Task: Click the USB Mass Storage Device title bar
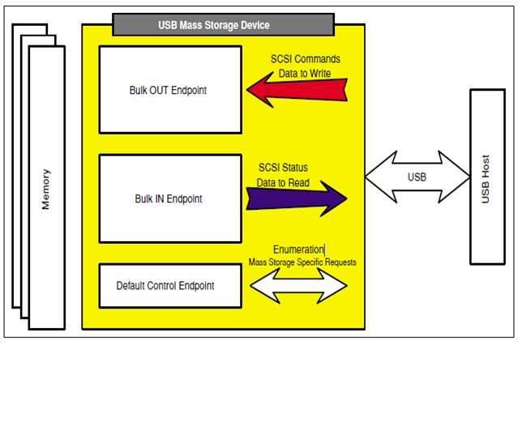pyautogui.click(x=224, y=24)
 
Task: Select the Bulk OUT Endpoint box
pyautogui.click(x=170, y=89)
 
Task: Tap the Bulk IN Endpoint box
pyautogui.click(x=170, y=198)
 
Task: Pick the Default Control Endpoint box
pyautogui.click(x=170, y=285)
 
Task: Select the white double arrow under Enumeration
pyautogui.click(x=298, y=285)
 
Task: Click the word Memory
pyautogui.click(x=45, y=189)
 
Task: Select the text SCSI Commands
pyautogui.click(x=306, y=59)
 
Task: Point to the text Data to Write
pyautogui.click(x=306, y=73)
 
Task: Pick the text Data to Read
pyautogui.click(x=283, y=182)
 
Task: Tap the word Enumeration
pyautogui.click(x=298, y=249)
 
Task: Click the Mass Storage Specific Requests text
pyautogui.click(x=302, y=262)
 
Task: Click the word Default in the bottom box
pyautogui.click(x=133, y=286)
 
